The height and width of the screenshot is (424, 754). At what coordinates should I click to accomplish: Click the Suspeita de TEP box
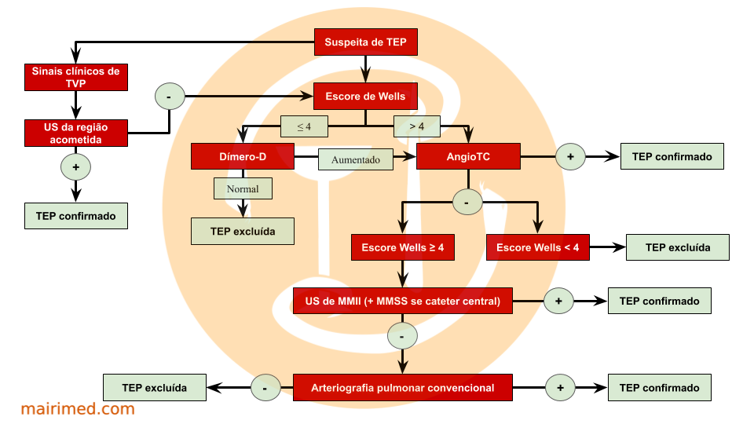(x=365, y=42)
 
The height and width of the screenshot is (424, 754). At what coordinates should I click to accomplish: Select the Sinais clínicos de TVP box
(x=75, y=77)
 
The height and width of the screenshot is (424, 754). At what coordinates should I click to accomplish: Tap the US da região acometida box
(x=75, y=133)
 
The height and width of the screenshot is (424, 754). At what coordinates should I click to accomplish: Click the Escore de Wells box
(x=365, y=97)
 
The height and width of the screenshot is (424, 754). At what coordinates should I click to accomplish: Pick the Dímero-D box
(x=242, y=156)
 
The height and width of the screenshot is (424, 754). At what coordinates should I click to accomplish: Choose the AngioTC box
(x=468, y=156)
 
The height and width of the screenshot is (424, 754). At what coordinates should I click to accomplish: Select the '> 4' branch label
(x=416, y=126)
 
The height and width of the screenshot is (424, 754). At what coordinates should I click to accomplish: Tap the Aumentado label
(x=355, y=159)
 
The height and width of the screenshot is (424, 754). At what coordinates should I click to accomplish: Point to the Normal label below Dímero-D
(x=243, y=188)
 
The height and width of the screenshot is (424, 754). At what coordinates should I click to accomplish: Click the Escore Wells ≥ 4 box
(x=403, y=247)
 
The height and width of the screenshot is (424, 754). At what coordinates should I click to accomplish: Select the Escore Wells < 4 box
(x=538, y=247)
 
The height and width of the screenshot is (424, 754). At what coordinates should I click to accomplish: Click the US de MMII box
(x=402, y=301)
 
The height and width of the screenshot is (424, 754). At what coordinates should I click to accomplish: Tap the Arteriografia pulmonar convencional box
(x=402, y=388)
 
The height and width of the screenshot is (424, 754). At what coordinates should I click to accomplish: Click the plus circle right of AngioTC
(x=571, y=157)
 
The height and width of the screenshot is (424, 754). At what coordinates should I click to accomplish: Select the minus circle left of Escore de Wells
(x=170, y=97)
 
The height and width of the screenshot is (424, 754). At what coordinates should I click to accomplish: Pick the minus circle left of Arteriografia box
(x=265, y=388)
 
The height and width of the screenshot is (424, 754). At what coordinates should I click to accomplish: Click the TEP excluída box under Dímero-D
(x=243, y=231)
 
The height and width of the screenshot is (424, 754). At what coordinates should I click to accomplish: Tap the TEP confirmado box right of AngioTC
(x=672, y=156)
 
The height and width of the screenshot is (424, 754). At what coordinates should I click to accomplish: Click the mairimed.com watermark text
(x=78, y=408)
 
